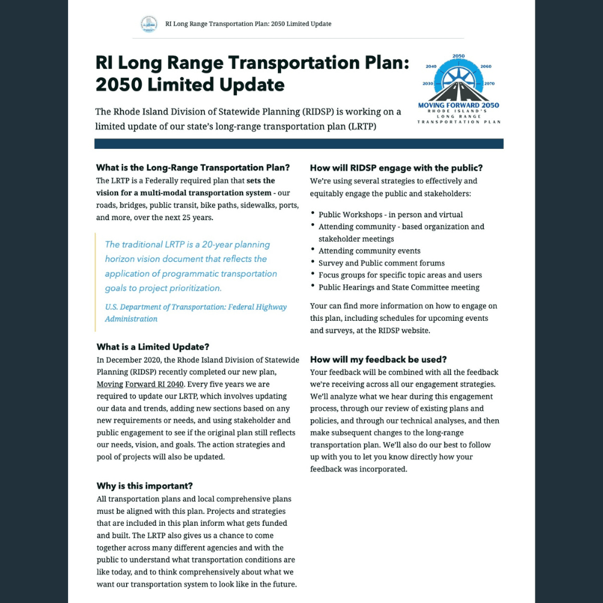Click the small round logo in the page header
point(148,24)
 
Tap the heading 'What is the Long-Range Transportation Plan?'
point(193,168)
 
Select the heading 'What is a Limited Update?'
point(153,347)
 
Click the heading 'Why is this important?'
point(145,486)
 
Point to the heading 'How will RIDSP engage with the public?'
point(396,168)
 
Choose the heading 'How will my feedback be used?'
point(379,359)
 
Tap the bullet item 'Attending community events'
point(370,251)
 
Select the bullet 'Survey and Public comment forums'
point(382,263)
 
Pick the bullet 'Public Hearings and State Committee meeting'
point(399,287)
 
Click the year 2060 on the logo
point(486,66)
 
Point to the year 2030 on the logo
point(428,83)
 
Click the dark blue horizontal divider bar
point(298,144)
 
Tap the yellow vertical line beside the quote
point(95,282)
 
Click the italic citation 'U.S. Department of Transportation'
point(196,307)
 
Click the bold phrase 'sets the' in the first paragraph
point(260,180)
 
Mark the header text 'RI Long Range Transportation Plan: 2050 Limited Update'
point(248,24)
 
